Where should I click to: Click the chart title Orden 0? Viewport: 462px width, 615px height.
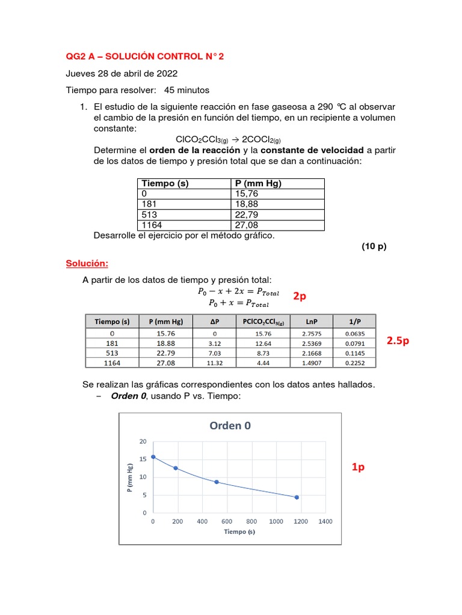tap(230, 426)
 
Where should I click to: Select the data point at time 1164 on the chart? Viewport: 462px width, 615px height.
tap(296, 497)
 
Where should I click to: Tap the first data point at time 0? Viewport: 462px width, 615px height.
tap(153, 457)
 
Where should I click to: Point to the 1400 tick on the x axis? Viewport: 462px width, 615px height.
tap(325, 522)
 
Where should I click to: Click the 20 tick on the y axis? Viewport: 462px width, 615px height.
tap(143, 441)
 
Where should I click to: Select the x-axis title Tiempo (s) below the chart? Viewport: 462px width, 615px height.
tap(239, 532)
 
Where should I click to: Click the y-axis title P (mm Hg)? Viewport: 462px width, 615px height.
tap(129, 477)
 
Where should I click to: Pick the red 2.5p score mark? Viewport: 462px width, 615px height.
tap(398, 341)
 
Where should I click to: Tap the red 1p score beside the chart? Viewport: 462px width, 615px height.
tap(358, 468)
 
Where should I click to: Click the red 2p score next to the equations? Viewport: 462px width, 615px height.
tap(301, 296)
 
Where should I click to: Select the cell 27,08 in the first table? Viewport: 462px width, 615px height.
tap(242, 225)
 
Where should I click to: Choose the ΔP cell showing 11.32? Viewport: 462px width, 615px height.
tap(215, 363)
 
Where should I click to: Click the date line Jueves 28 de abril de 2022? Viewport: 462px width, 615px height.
tap(122, 74)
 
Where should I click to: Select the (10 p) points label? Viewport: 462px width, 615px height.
tap(374, 247)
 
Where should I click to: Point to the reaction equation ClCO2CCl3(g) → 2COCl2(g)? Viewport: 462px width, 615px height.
tap(230, 139)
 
